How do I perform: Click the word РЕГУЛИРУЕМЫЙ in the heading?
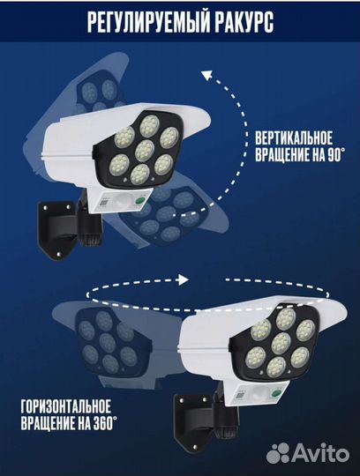[x=145, y=22]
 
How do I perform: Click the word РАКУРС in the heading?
[x=240, y=22]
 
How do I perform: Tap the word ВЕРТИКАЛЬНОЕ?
[x=294, y=138]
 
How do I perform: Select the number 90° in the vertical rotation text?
[x=336, y=154]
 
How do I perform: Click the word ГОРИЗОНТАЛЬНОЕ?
[x=66, y=406]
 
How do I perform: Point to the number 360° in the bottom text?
[x=103, y=423]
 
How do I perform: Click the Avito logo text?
[x=320, y=453]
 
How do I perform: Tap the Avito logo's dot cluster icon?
[x=278, y=453]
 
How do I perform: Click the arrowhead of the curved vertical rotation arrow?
[x=207, y=75]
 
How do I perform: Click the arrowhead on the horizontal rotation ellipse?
[x=183, y=279]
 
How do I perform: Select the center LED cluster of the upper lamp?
[x=145, y=151]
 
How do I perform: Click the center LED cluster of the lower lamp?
[x=281, y=344]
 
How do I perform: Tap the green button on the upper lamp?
[x=140, y=201]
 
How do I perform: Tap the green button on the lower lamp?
[x=276, y=393]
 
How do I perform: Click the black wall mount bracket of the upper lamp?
[x=55, y=229]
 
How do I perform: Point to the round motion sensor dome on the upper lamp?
[x=124, y=201]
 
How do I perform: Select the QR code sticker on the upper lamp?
[x=103, y=201]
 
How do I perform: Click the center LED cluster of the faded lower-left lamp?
[x=108, y=342]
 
